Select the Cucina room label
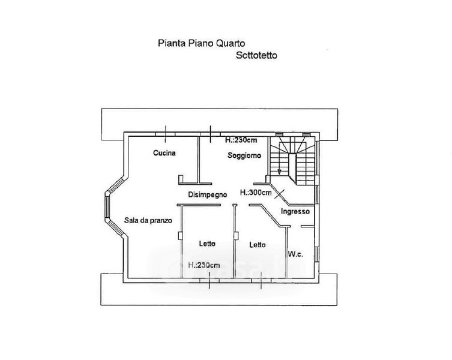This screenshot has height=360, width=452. coord(164,153)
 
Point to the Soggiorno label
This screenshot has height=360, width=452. coord(244,155)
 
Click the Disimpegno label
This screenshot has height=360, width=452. coord(207,194)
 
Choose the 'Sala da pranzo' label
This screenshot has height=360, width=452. coord(148,220)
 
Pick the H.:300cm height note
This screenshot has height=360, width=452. coord(256,193)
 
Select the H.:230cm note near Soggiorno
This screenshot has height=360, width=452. coord(241,140)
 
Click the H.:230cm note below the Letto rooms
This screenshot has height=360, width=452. coord(203,265)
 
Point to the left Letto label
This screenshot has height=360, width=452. coord(207,244)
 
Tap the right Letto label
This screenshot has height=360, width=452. coord(258,245)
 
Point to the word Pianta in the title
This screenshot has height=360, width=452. coord(169,43)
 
